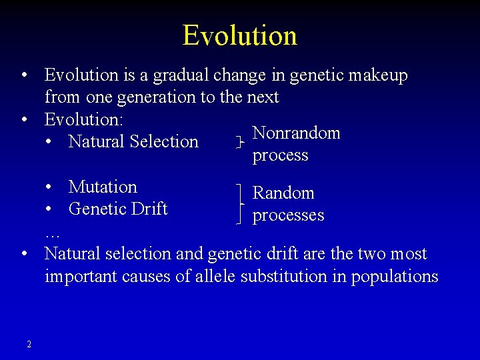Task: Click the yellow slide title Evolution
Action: (239, 35)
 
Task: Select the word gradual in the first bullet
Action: (178, 75)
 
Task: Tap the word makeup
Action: (377, 75)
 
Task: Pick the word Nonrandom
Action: (297, 133)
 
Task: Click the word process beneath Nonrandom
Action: (281, 155)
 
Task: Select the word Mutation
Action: (103, 187)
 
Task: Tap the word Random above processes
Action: (283, 193)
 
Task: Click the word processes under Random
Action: (288, 215)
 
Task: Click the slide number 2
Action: (29, 344)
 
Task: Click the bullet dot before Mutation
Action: (49, 187)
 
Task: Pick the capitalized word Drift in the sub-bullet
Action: (151, 209)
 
